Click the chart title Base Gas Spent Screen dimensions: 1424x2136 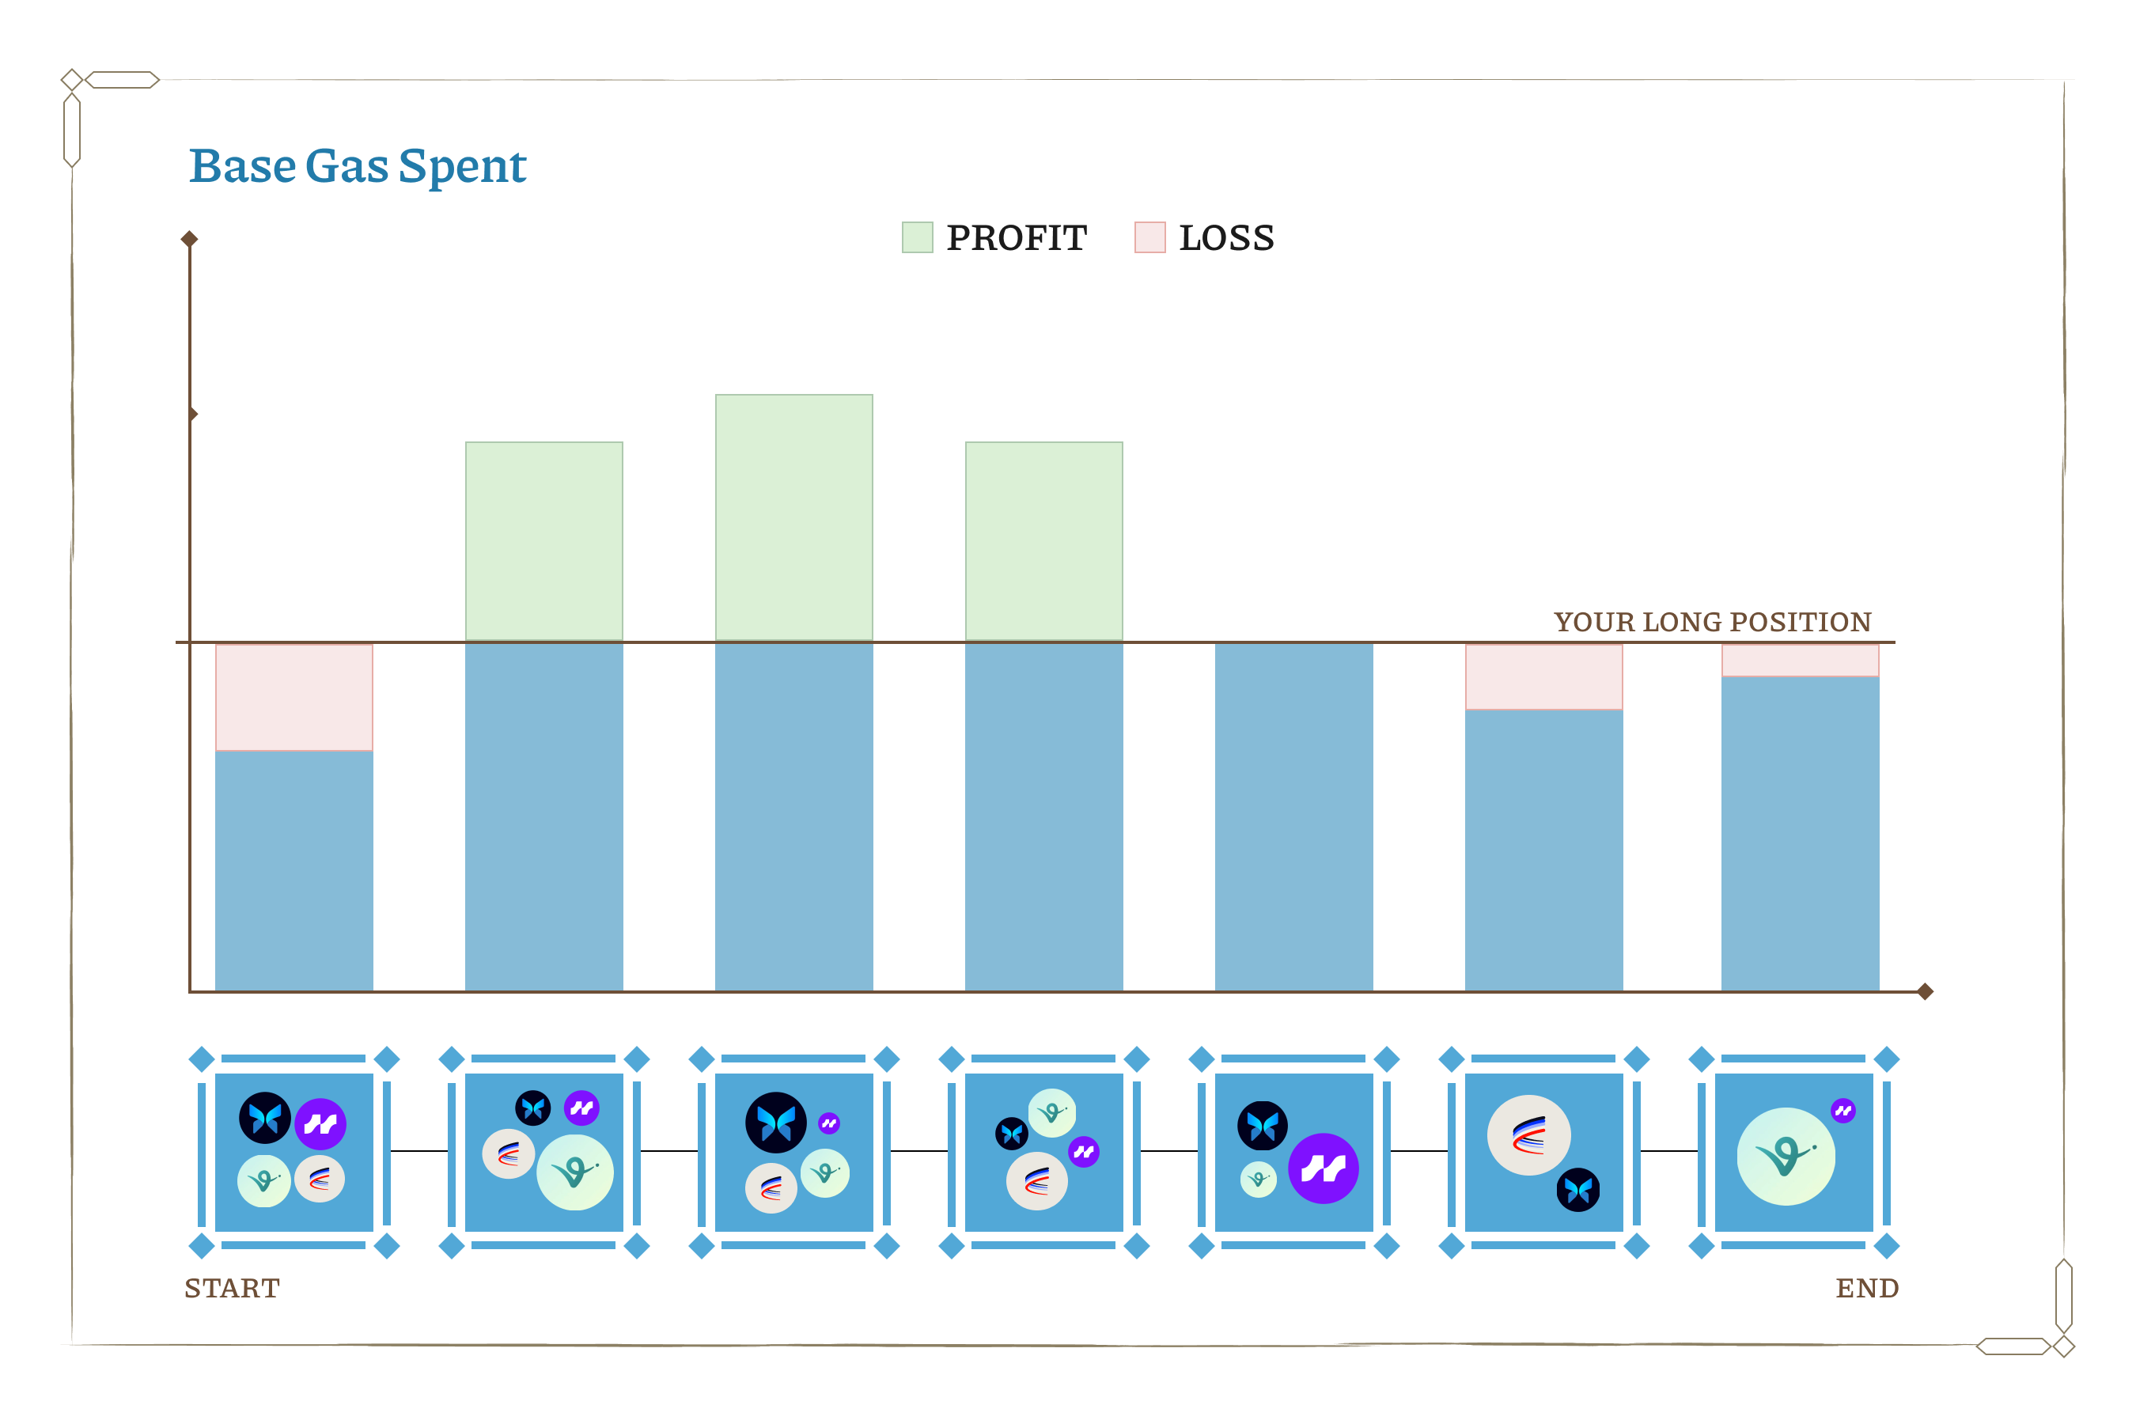pyautogui.click(x=357, y=166)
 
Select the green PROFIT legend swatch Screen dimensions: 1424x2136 pyautogui.click(x=917, y=238)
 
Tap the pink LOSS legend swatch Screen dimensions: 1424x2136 pyautogui.click(x=1149, y=238)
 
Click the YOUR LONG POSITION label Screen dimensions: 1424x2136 pyautogui.click(x=1712, y=622)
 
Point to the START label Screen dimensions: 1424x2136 pyautogui.click(x=232, y=1289)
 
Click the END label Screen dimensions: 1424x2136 pyautogui.click(x=1866, y=1289)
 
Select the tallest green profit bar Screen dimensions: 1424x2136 pyautogui.click(x=793, y=517)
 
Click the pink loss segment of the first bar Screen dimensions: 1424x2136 pyautogui.click(x=294, y=698)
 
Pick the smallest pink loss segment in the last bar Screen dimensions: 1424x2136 pyautogui.click(x=1800, y=661)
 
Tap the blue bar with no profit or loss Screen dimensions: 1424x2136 pyautogui.click(x=1293, y=817)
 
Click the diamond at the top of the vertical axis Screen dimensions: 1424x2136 pyautogui.click(x=189, y=239)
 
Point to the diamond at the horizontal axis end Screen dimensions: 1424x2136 pyautogui.click(x=1925, y=992)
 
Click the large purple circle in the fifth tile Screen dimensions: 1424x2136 pyautogui.click(x=1324, y=1168)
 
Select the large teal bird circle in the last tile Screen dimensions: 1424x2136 pyautogui.click(x=1786, y=1156)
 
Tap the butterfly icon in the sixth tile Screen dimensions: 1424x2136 pyautogui.click(x=1578, y=1190)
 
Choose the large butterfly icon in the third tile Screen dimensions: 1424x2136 pyautogui.click(x=775, y=1123)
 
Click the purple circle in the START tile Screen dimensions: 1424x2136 pyautogui.click(x=320, y=1124)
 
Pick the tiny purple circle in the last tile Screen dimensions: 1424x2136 pyautogui.click(x=1842, y=1111)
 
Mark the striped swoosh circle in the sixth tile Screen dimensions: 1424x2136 pyautogui.click(x=1528, y=1135)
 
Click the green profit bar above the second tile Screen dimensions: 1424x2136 pyautogui.click(x=544, y=542)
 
